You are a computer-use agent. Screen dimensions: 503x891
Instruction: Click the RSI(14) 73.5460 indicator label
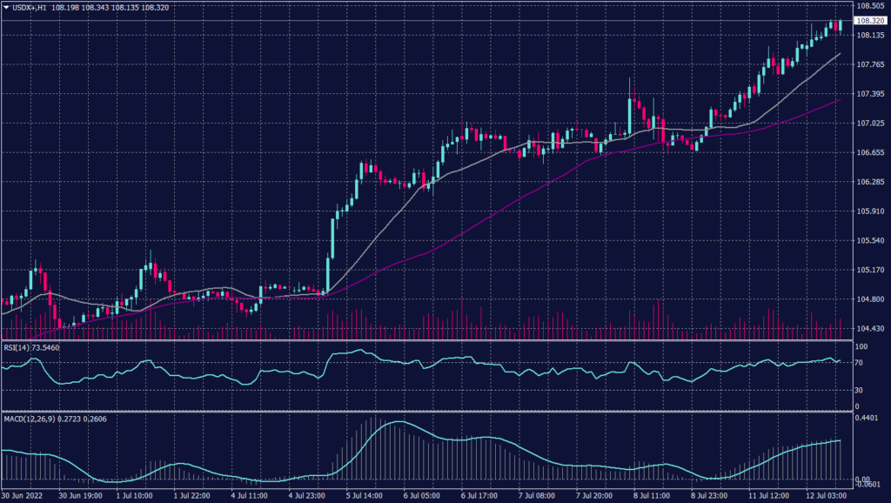click(x=32, y=347)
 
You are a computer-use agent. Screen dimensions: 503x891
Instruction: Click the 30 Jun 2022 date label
click(x=23, y=495)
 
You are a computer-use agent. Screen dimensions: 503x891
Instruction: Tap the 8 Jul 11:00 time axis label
click(x=653, y=495)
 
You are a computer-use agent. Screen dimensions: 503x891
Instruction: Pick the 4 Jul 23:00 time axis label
click(x=308, y=495)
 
